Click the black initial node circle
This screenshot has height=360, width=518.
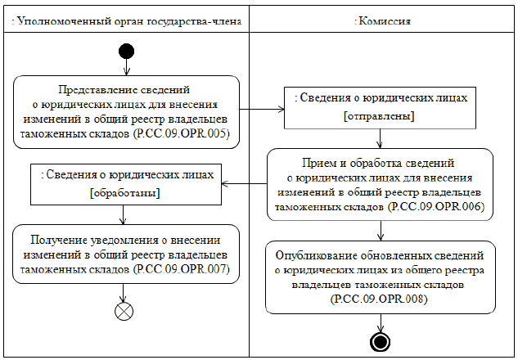[x=125, y=52]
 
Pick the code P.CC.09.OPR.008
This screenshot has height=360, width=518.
[x=381, y=299]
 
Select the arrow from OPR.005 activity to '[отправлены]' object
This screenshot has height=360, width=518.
[x=262, y=107]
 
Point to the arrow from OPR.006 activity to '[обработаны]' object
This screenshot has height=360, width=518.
[x=245, y=183]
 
